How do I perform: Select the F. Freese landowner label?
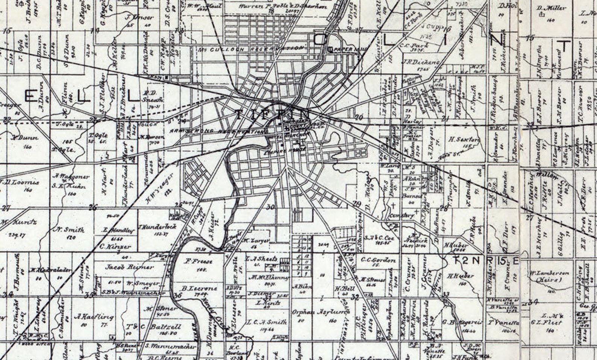pos(199,261)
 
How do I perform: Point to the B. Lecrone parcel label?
pos(200,289)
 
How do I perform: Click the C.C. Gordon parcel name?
pos(379,260)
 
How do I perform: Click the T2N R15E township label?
pos(485,260)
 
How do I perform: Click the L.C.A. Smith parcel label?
pos(267,322)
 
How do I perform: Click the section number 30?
pos(270,207)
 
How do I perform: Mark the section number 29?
pos(357,204)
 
